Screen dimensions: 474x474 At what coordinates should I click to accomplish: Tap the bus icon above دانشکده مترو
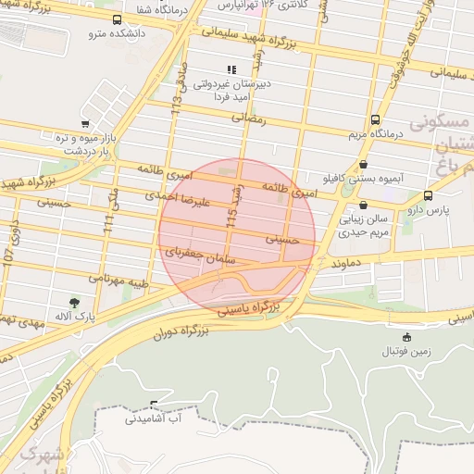pos(117,19)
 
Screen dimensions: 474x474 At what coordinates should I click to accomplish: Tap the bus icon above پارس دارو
pos(428,195)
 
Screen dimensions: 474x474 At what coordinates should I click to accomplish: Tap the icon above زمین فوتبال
pos(406,337)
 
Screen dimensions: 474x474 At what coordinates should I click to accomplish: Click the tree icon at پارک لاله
pos(73,303)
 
